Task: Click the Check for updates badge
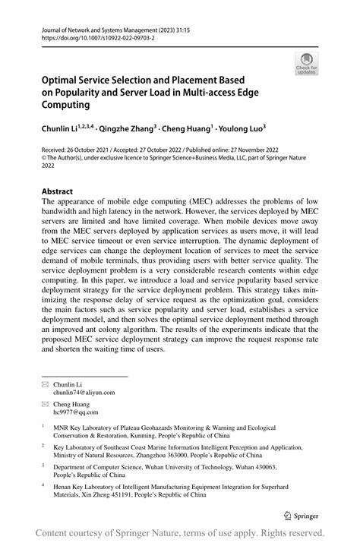click(308, 62)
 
